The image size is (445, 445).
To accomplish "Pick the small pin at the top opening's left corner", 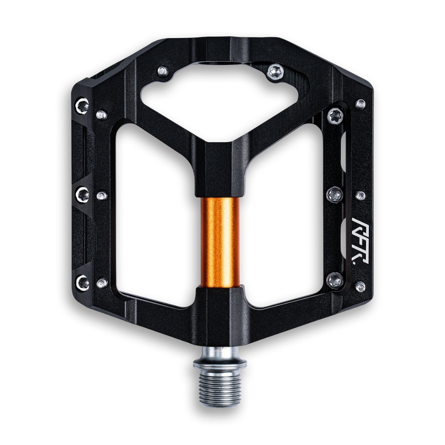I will [163, 71].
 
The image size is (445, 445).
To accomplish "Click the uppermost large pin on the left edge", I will [82, 106].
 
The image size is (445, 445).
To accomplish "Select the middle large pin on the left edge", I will [82, 194].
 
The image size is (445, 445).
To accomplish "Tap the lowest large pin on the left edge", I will [83, 282].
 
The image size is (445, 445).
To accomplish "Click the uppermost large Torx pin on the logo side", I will [335, 116].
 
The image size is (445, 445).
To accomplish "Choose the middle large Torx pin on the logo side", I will [335, 194].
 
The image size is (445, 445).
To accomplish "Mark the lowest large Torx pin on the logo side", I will [335, 280].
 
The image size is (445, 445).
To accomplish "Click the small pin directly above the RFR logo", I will [360, 195].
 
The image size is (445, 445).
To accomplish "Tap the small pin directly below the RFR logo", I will [360, 286].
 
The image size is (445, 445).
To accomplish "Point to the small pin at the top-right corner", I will [361, 103].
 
